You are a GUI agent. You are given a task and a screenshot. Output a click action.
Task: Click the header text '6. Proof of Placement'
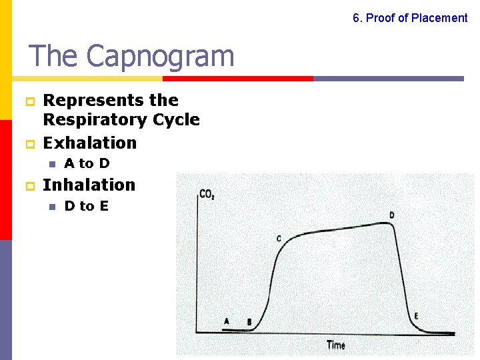click(410, 18)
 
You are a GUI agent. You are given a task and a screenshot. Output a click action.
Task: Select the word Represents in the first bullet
click(86, 100)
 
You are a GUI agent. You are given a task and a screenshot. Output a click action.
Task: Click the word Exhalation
click(89, 143)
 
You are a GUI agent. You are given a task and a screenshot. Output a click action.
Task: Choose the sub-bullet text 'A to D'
click(87, 163)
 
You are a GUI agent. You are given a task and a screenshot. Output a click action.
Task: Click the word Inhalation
click(89, 185)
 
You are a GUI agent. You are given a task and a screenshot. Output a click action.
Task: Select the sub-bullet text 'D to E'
click(86, 206)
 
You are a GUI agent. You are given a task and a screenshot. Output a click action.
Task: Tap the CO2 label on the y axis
click(207, 195)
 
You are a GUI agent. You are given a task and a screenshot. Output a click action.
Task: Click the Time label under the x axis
click(336, 345)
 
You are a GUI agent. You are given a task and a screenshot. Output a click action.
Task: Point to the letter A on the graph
click(227, 321)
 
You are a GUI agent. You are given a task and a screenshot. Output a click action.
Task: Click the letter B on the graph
click(249, 322)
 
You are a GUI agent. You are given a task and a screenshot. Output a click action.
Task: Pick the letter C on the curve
click(279, 238)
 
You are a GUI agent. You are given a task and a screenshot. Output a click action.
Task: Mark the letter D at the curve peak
click(391, 215)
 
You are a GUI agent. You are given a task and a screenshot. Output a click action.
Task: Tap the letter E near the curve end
click(417, 315)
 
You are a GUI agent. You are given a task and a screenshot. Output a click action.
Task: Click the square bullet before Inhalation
click(29, 186)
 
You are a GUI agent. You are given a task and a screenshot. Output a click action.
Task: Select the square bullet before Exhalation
click(29, 144)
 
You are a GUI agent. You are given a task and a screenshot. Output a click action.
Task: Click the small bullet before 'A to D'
click(51, 164)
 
